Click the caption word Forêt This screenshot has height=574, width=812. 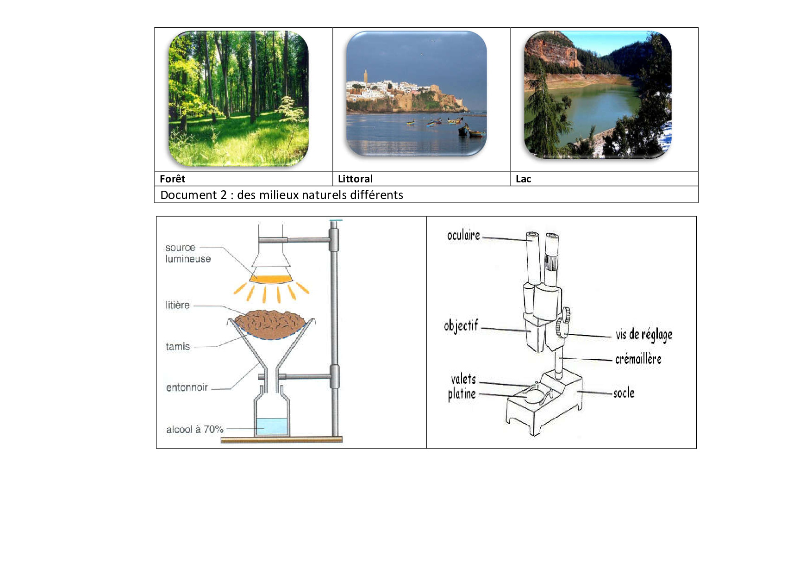tap(172, 179)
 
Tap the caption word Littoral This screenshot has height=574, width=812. tap(355, 179)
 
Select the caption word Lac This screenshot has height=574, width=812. tap(523, 179)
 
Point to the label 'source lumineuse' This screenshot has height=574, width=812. tap(188, 253)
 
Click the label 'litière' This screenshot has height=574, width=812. tap(178, 305)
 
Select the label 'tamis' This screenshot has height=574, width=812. tap(178, 346)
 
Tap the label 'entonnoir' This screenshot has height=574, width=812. tap(187, 387)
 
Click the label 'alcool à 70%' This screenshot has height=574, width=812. tap(195, 430)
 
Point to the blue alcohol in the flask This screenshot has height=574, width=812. tap(271, 426)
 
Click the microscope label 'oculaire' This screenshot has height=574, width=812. tap(463, 236)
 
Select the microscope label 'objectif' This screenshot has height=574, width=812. tap(461, 325)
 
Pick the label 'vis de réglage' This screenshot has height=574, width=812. tap(644, 335)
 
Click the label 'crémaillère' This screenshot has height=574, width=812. tap(638, 359)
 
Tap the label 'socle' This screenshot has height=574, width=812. tap(624, 393)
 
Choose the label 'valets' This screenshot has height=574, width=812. tap(463, 379)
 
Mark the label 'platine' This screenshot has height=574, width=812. tap(462, 394)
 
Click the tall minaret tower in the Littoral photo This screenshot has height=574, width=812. tap(365, 76)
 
